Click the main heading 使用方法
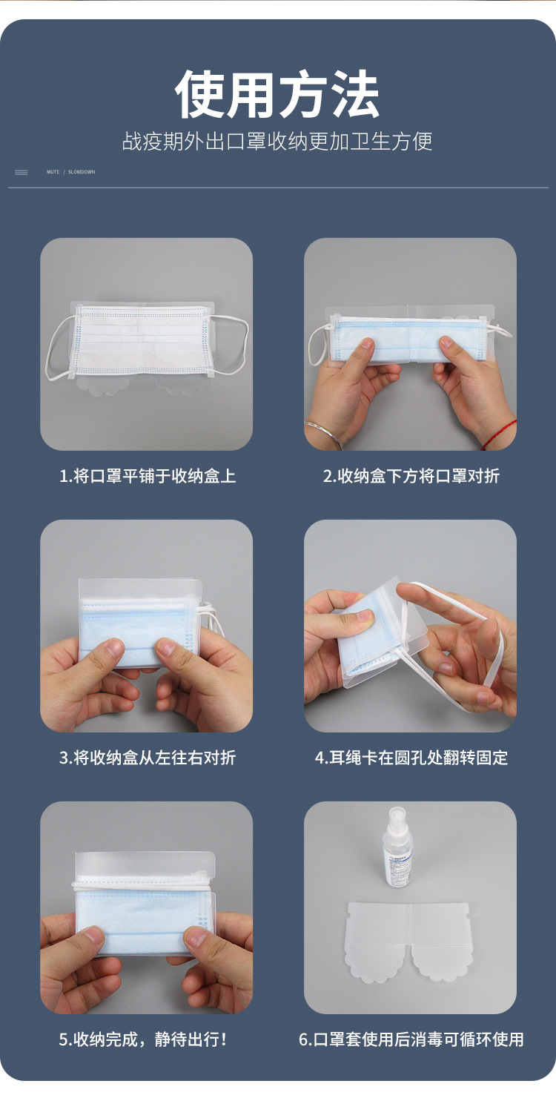[x=277, y=94]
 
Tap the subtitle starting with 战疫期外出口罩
[x=277, y=142]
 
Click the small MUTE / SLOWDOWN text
[x=71, y=172]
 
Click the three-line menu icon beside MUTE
[x=21, y=172]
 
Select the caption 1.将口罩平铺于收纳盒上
[x=148, y=476]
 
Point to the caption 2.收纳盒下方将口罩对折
[x=411, y=476]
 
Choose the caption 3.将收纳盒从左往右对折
[x=148, y=757]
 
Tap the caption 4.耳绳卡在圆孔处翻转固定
[x=411, y=757]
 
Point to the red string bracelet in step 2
[x=500, y=434]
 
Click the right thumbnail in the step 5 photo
[x=195, y=936]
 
